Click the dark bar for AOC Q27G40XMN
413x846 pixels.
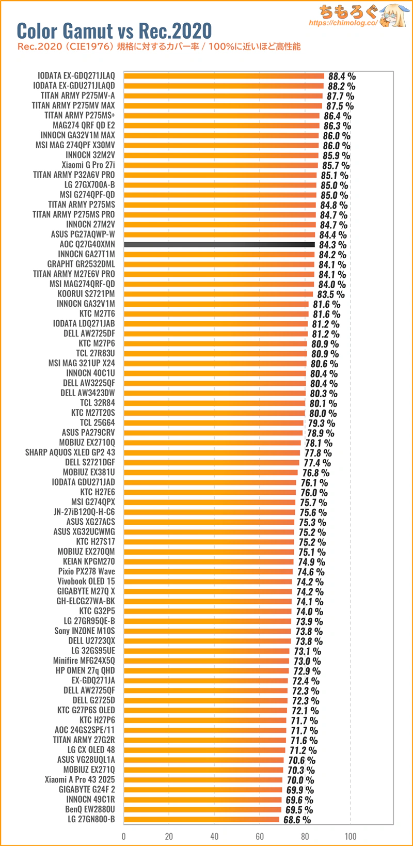pyautogui.click(x=219, y=244)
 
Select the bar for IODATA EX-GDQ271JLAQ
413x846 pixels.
pyautogui.click(x=224, y=76)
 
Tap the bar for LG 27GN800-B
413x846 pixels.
pyautogui.click(x=201, y=819)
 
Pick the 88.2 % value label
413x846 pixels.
pyautogui.click(x=341, y=86)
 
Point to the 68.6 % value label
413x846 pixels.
pyautogui.click(x=297, y=820)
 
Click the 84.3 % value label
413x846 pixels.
pyautogui.click(x=332, y=245)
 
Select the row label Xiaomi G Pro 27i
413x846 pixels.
pyautogui.click(x=88, y=165)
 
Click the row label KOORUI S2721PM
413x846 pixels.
pyautogui.click(x=86, y=294)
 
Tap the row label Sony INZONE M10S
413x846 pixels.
pyautogui.click(x=85, y=631)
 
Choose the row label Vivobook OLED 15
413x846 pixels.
pyautogui.click(x=86, y=581)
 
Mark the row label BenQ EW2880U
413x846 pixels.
pyautogui.click(x=90, y=809)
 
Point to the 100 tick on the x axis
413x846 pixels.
pyautogui.click(x=351, y=836)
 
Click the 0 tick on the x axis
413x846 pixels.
pyautogui.click(x=123, y=836)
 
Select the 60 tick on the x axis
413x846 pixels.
pyautogui.click(x=260, y=836)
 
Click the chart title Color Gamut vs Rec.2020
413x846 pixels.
pyautogui.click(x=115, y=31)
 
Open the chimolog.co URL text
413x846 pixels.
pyautogui.click(x=343, y=23)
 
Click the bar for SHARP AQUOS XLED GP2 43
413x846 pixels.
pyautogui.click(x=212, y=452)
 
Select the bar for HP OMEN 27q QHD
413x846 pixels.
pyautogui.click(x=206, y=671)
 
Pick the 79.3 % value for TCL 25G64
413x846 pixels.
pyautogui.click(x=322, y=424)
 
